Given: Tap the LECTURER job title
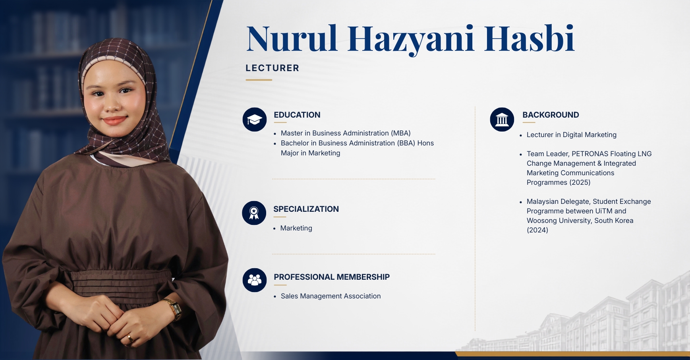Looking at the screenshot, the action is click(x=273, y=68).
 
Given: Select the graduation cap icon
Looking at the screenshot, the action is click(x=255, y=120).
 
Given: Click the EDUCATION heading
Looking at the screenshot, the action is click(x=297, y=115).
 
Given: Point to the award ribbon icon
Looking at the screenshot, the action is click(x=254, y=213).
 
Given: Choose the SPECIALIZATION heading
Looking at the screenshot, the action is click(x=306, y=209).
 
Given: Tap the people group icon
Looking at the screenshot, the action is click(x=255, y=280).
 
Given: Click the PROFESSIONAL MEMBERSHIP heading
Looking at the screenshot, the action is click(x=332, y=277).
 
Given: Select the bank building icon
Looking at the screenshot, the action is click(x=502, y=119).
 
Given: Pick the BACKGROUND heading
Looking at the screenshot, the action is click(x=551, y=115).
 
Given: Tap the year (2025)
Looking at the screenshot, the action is click(x=580, y=182).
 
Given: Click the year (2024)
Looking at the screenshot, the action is click(x=537, y=230).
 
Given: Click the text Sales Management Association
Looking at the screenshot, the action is click(x=331, y=296).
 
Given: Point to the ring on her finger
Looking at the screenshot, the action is click(x=130, y=338).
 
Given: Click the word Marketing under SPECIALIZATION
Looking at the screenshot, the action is click(x=296, y=228).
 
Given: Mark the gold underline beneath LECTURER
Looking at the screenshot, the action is click(x=259, y=80).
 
